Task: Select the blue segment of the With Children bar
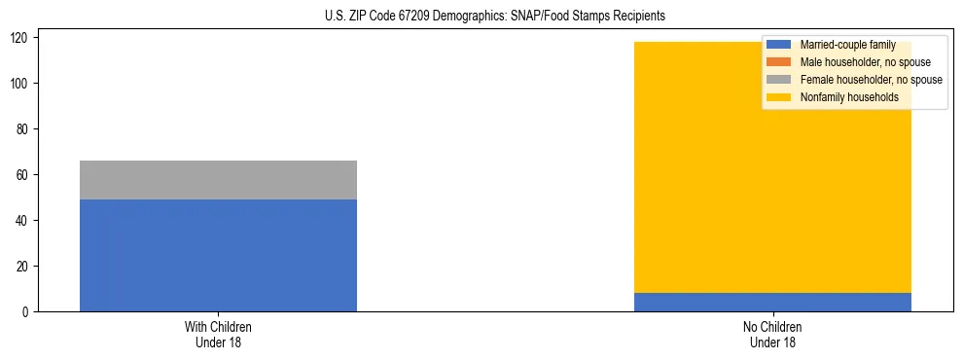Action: (x=218, y=255)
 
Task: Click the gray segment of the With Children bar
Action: (x=218, y=180)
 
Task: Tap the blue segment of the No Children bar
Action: (x=772, y=302)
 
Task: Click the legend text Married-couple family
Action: (x=847, y=45)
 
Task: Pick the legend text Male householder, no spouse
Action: (x=865, y=62)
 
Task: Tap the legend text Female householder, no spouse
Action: (x=871, y=80)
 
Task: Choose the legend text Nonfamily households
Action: (x=848, y=97)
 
